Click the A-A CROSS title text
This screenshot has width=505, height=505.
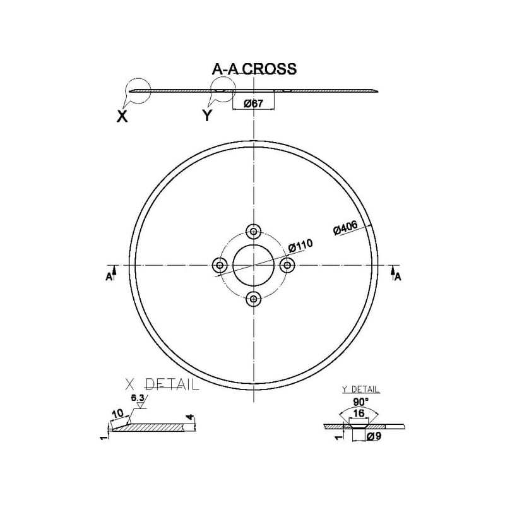254,69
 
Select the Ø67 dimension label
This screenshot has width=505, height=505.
254,104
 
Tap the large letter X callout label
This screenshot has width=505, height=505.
122,116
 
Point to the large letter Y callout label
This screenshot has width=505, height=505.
208,116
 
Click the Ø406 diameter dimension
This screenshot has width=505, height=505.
345,228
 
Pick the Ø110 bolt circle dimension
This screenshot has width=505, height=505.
300,246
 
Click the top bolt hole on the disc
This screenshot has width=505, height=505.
254,231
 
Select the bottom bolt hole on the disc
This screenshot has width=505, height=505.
254,299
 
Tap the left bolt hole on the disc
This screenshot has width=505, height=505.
220,265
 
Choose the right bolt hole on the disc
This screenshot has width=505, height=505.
287,265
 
